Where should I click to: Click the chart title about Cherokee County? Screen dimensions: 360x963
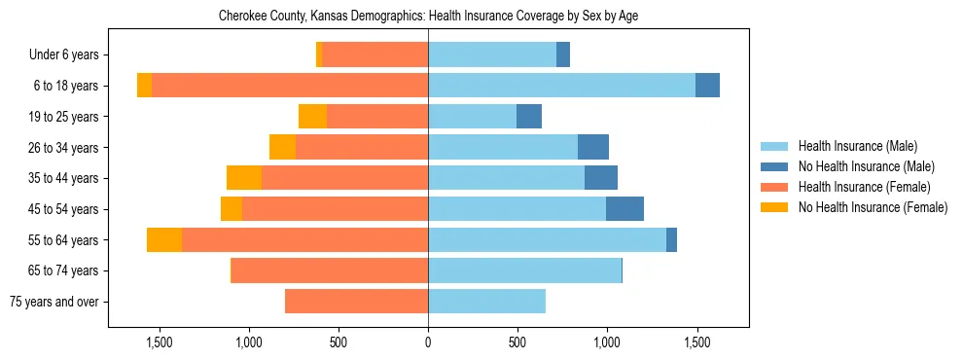pyautogui.click(x=428, y=17)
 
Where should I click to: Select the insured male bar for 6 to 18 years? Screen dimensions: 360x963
pyautogui.click(x=561, y=86)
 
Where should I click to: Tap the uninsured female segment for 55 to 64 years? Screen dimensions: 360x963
pyautogui.click(x=164, y=240)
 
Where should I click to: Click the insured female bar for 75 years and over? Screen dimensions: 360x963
pyautogui.click(x=356, y=302)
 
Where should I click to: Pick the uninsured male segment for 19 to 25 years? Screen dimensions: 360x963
pyautogui.click(x=529, y=117)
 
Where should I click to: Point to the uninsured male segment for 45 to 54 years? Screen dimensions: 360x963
pyautogui.click(x=624, y=209)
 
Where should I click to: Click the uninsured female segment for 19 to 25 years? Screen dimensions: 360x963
pyautogui.click(x=312, y=117)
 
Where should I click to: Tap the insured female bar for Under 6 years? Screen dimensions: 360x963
pyautogui.click(x=374, y=55)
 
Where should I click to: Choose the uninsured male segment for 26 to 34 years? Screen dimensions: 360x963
pyautogui.click(x=593, y=148)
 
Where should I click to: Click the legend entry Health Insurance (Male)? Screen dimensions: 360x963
pyautogui.click(x=857, y=146)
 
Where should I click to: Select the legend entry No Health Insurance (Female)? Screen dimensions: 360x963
pyautogui.click(x=873, y=207)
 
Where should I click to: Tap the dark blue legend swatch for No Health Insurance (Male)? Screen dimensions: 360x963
pyautogui.click(x=775, y=166)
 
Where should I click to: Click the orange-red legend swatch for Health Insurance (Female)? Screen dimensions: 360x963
pyautogui.click(x=775, y=187)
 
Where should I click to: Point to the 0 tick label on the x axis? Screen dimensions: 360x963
pyautogui.click(x=428, y=342)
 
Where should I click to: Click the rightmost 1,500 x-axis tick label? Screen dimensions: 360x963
pyautogui.click(x=696, y=342)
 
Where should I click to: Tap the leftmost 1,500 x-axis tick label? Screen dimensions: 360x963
pyautogui.click(x=160, y=342)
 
